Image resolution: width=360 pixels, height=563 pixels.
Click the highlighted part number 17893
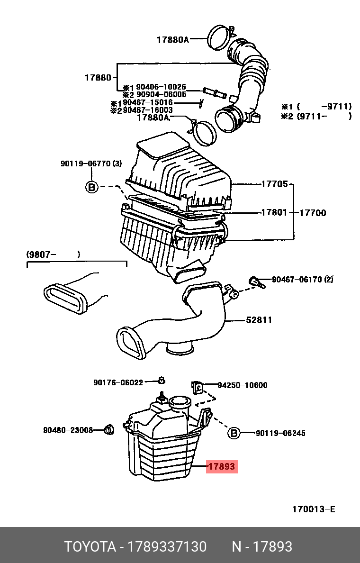221,467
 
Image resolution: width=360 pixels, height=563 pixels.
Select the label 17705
274,184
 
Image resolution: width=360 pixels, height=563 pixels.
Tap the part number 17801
274,213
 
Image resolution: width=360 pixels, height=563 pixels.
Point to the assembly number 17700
312,213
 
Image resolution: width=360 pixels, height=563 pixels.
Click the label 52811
259,320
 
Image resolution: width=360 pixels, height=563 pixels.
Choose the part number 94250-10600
243,385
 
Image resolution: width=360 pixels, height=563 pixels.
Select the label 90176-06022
118,382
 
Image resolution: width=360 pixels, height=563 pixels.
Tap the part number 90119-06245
280,433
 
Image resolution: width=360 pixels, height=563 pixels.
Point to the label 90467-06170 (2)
302,280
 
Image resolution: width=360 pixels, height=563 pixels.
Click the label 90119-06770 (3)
91,164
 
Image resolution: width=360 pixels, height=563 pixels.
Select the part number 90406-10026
161,87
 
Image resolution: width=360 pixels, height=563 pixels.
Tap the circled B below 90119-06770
91,187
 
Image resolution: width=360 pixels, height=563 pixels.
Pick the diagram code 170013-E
314,509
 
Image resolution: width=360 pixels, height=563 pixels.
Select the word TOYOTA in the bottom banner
90,547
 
